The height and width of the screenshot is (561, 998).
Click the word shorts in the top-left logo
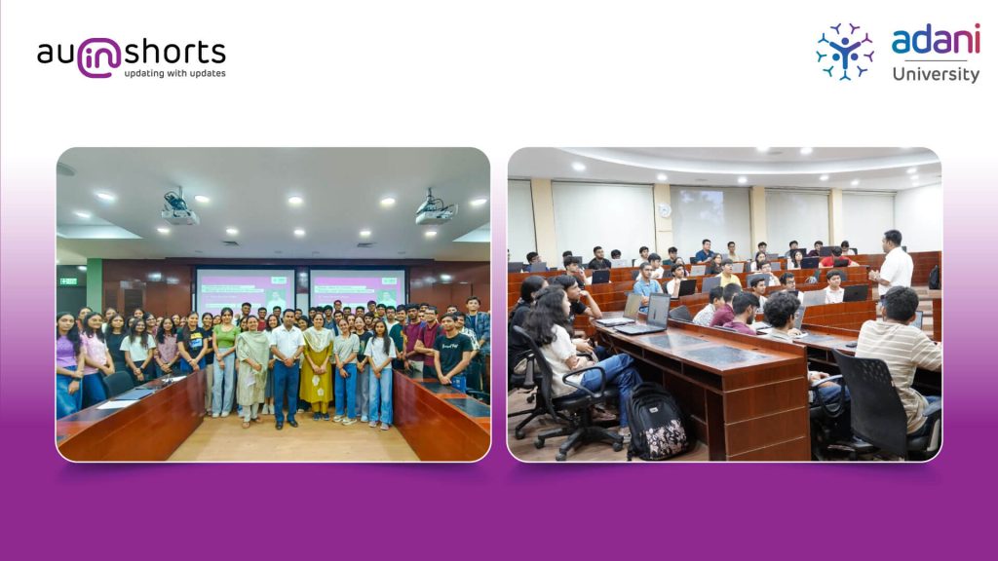click(175, 53)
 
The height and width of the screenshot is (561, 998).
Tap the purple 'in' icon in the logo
click(99, 57)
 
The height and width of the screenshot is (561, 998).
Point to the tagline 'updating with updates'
click(175, 74)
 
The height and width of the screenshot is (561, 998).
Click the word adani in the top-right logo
click(936, 40)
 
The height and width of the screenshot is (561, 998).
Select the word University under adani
click(936, 74)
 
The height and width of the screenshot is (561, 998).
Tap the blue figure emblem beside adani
click(845, 52)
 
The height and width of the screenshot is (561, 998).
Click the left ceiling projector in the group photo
click(179, 209)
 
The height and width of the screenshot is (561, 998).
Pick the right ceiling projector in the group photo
click(436, 209)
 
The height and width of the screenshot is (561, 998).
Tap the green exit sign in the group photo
click(68, 280)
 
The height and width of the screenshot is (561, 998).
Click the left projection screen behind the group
click(245, 289)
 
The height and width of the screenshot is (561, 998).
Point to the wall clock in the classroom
click(665, 210)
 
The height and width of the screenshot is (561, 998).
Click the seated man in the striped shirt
click(898, 356)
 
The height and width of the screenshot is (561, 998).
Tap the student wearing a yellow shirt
click(729, 275)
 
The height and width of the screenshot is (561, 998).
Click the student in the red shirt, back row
click(835, 257)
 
